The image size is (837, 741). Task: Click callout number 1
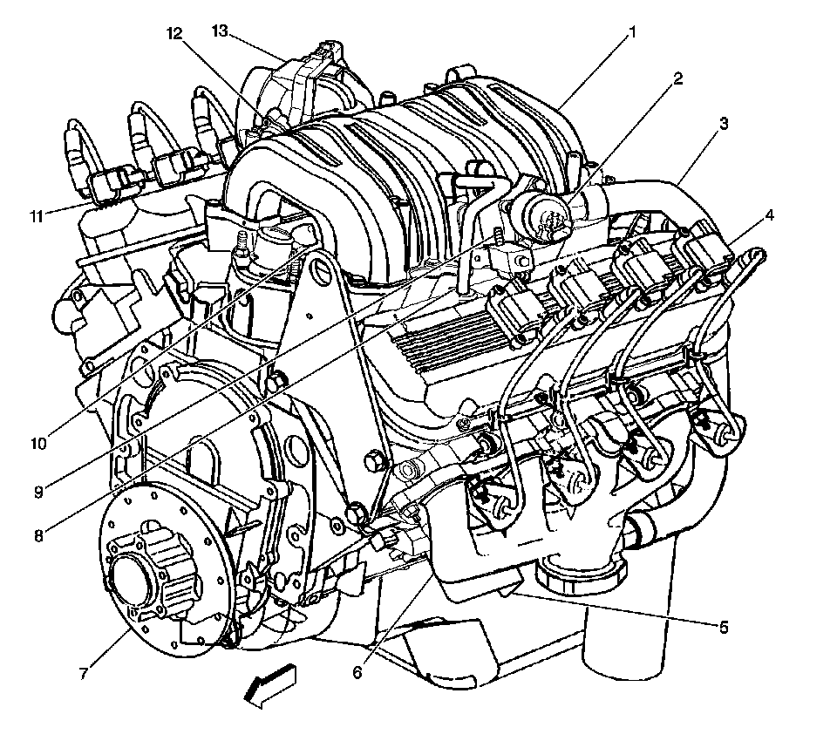click(632, 33)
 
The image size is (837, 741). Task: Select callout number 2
click(677, 79)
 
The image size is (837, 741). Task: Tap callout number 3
click(724, 124)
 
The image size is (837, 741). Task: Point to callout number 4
click(769, 215)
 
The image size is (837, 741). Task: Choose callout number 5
click(724, 627)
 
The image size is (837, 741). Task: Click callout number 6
click(357, 672)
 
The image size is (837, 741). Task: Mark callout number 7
click(84, 674)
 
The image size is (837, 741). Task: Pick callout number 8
click(37, 535)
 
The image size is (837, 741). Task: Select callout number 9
click(37, 491)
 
